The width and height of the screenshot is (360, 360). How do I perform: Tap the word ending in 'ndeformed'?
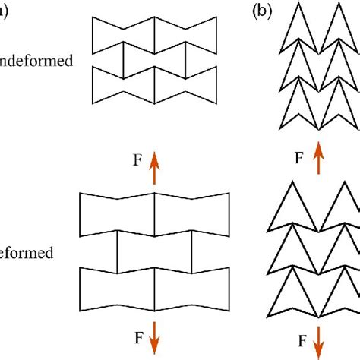[x=37, y=62]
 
